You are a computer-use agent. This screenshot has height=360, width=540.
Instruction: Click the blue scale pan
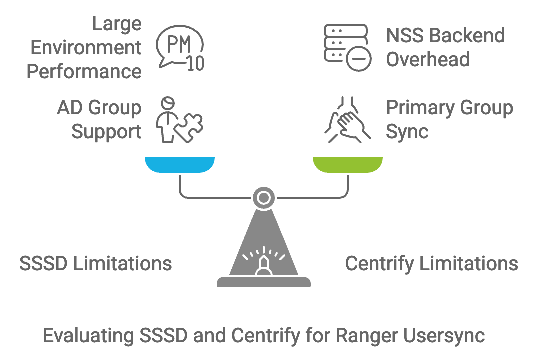click(x=180, y=164)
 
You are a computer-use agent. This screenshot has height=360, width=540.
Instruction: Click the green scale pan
click(x=348, y=164)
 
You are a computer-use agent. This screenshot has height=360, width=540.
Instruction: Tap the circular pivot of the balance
click(x=264, y=198)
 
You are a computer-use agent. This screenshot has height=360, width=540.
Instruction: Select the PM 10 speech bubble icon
click(x=180, y=48)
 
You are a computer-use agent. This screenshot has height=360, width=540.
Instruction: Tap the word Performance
click(x=84, y=71)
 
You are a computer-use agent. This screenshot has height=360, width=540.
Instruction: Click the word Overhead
click(x=428, y=59)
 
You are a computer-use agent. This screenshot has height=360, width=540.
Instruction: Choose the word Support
click(x=107, y=132)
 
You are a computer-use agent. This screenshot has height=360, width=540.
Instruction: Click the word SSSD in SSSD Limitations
click(x=43, y=264)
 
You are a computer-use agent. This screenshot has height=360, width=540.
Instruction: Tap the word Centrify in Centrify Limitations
click(x=379, y=264)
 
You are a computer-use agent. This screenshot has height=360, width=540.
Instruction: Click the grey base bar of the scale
click(x=264, y=282)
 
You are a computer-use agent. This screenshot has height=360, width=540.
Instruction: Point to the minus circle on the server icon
click(x=359, y=59)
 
